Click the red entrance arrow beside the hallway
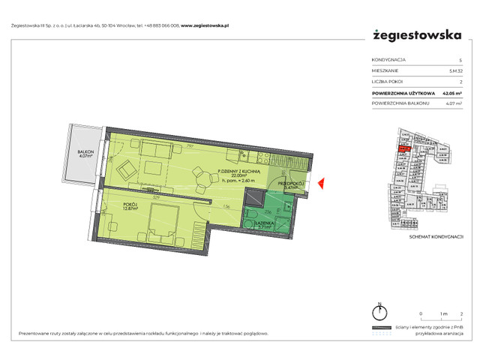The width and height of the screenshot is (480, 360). pos(320,182)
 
